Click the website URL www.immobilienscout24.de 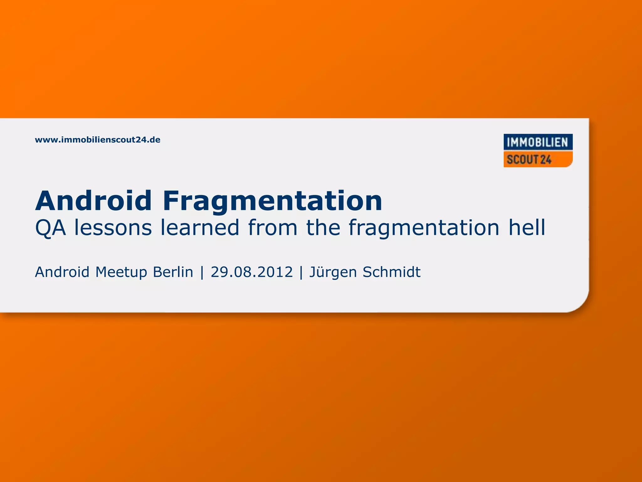pos(97,140)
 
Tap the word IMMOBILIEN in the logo pos(538,142)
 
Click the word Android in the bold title pos(93,201)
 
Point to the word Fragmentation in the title pos(272,201)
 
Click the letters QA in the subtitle pos(50,228)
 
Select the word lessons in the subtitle pos(113,228)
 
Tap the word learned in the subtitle pos(200,228)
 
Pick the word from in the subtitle pos(272,228)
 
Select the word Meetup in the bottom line pos(121,272)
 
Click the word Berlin pos(173,272)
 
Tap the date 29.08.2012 pos(252,272)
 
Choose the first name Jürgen pos(333,272)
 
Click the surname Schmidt pos(391,272)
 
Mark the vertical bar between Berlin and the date pos(202,272)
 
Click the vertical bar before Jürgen pos(301,272)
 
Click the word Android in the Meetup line pos(62,272)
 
